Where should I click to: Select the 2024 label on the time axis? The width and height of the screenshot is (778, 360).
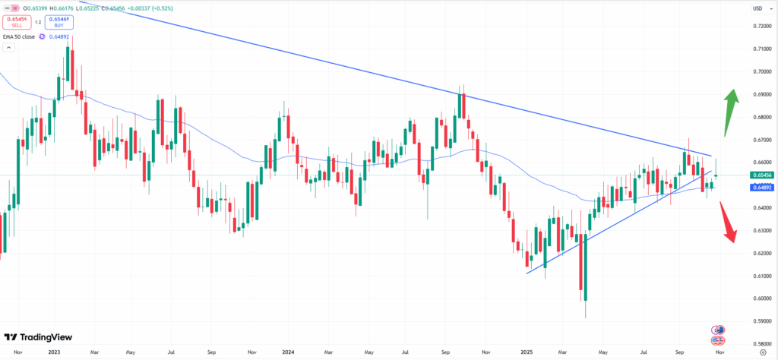pos(287,353)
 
